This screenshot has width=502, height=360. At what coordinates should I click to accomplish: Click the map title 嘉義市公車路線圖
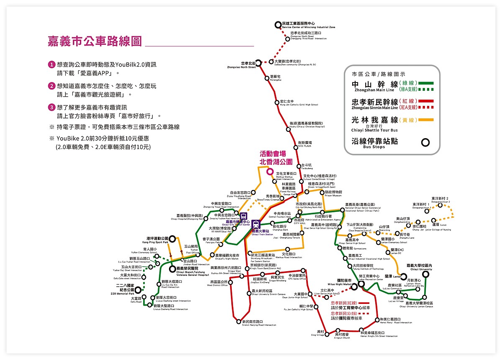point(94,42)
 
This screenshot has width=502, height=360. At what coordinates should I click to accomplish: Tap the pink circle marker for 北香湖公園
point(270,171)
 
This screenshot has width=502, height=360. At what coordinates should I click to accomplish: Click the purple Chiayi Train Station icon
point(256,224)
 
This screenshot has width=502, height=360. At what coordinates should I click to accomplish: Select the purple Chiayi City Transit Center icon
point(244,216)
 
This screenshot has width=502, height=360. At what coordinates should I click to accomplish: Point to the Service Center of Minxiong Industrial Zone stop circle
point(278,25)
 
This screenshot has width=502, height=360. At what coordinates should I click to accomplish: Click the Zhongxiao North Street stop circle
point(259,64)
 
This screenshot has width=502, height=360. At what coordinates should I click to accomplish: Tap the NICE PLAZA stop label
point(304,144)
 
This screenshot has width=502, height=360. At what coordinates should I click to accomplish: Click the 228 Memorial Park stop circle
point(138,289)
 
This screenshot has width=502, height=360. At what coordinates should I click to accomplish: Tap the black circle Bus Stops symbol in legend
point(425,142)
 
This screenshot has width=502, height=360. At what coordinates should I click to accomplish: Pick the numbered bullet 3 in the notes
point(52,107)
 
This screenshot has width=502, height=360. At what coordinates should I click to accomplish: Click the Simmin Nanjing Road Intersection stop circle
point(238,322)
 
